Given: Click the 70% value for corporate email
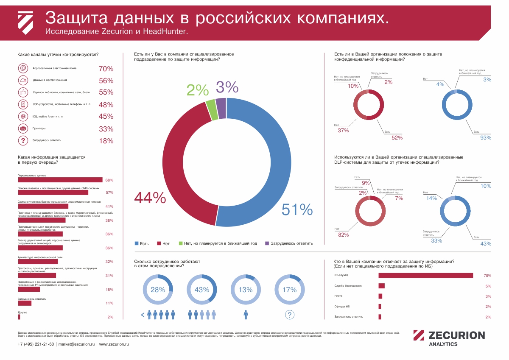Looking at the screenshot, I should [x=106, y=69].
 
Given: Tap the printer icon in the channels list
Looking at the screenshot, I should [x=23, y=129].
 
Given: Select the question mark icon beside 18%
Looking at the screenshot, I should [x=23, y=141].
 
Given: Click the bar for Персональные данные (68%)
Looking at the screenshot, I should [x=60, y=180].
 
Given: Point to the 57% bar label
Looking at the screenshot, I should [x=109, y=193].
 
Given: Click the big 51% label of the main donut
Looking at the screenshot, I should [x=297, y=209].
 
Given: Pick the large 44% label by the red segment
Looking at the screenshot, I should [x=150, y=198].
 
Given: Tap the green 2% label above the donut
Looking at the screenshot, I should [x=198, y=90].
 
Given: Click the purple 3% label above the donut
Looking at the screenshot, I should [x=227, y=87].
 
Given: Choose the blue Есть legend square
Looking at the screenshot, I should [x=137, y=243].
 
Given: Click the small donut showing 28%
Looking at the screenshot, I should [x=158, y=290].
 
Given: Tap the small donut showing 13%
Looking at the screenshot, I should [x=246, y=290].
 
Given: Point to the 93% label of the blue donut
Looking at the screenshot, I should [x=485, y=137].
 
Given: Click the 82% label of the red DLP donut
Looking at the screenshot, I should [x=343, y=234].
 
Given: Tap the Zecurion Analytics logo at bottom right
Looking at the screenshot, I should [x=449, y=338].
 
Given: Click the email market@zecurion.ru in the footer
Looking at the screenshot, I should [x=76, y=344].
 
